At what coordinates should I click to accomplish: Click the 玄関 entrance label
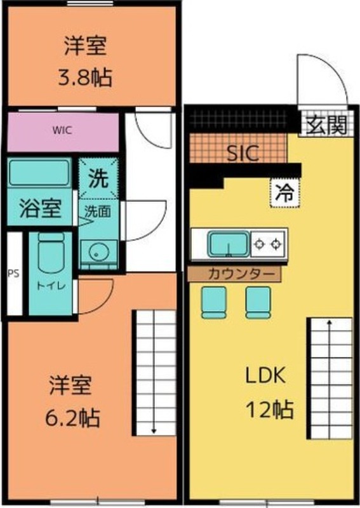pyautogui.click(x=326, y=124)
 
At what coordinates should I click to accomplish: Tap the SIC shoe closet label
pyautogui.click(x=243, y=153)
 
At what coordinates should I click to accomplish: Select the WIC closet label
pyautogui.click(x=62, y=130)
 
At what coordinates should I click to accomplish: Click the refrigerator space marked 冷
pyautogui.click(x=285, y=192)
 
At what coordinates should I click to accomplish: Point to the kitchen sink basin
pyautogui.click(x=229, y=244)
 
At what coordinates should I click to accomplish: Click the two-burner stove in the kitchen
pyautogui.click(x=268, y=244)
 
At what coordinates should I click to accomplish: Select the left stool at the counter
pyautogui.click(x=214, y=302)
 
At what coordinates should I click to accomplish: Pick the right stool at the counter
pyautogui.click(x=258, y=302)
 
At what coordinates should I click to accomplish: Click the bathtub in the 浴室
pyautogui.click(x=39, y=172)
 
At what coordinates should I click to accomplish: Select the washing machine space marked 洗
pyautogui.click(x=98, y=178)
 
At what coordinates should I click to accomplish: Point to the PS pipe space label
pyautogui.click(x=13, y=273)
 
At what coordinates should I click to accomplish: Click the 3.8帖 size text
pyautogui.click(x=85, y=77)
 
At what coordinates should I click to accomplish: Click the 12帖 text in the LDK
pyautogui.click(x=270, y=409)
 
